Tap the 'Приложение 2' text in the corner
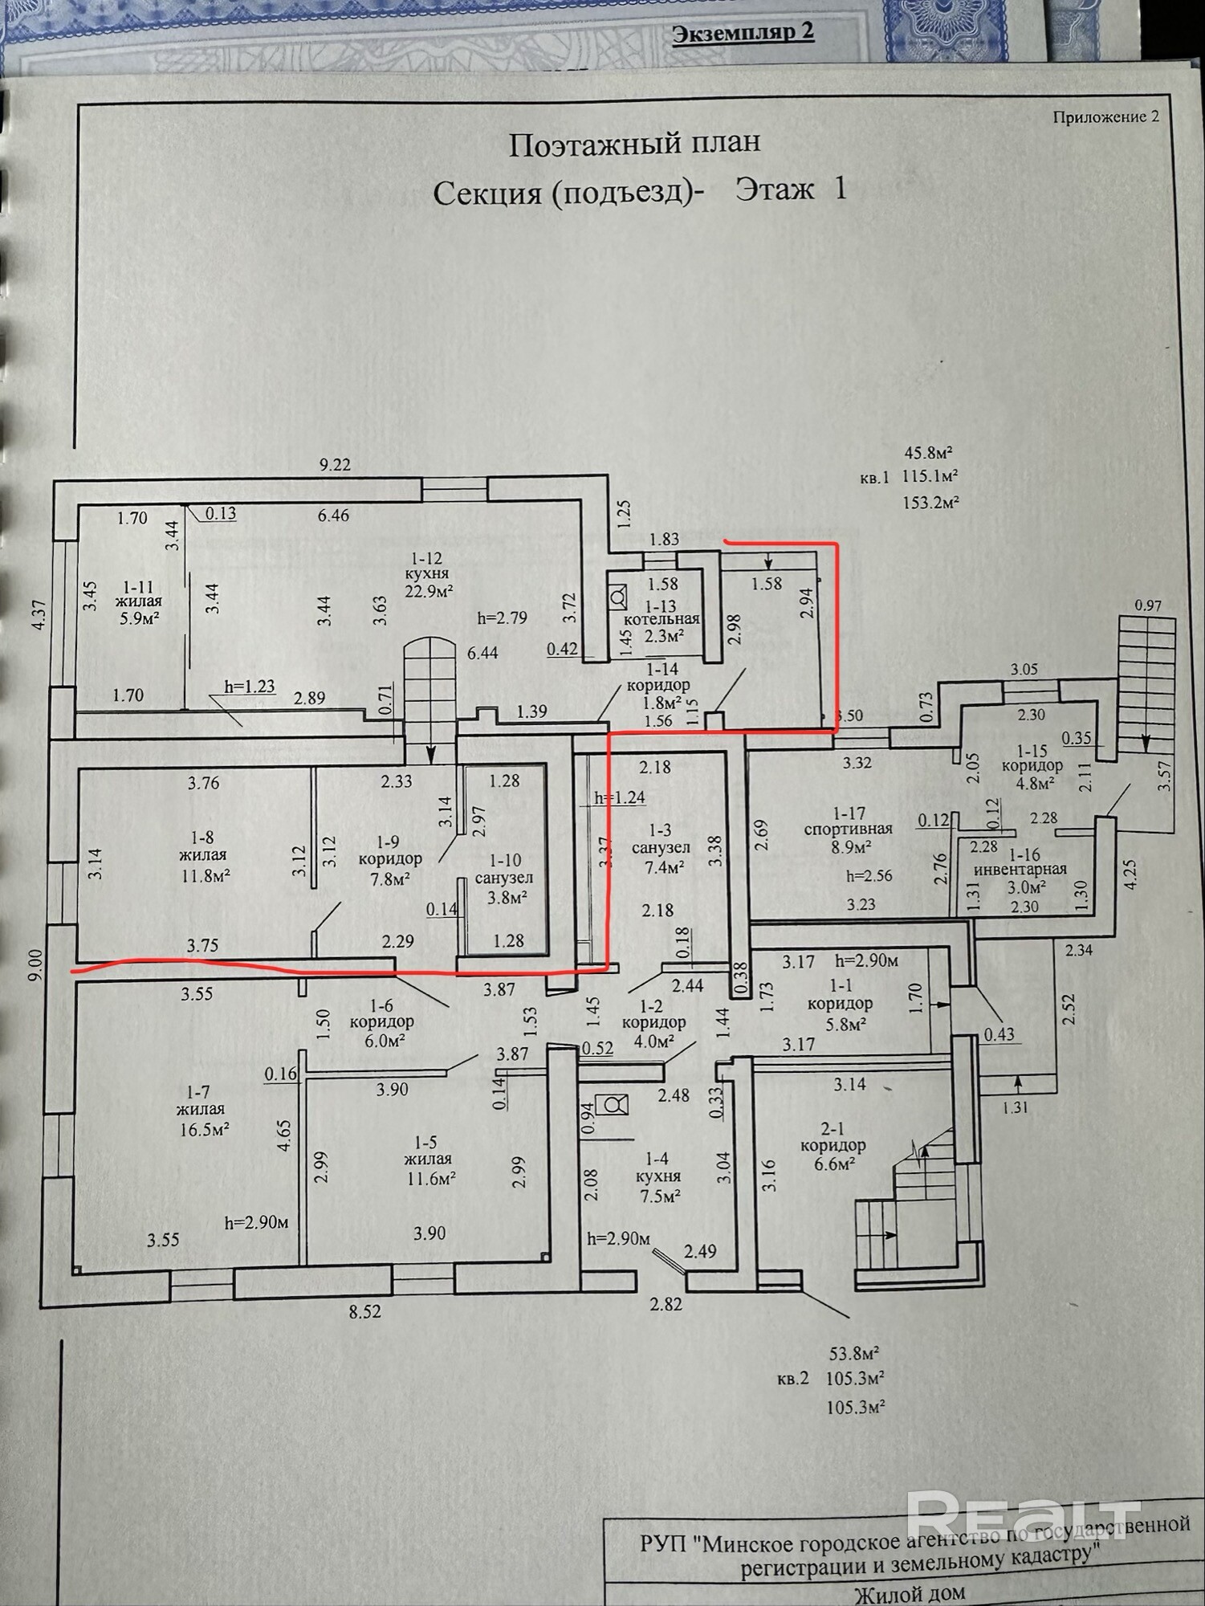1105,117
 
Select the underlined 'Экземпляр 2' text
743,33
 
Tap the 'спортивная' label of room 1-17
849,829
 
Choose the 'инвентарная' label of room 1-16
1020,869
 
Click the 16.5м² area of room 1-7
205,1129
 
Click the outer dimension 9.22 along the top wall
335,465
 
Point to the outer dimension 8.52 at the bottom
364,1311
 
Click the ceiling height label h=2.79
503,618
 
